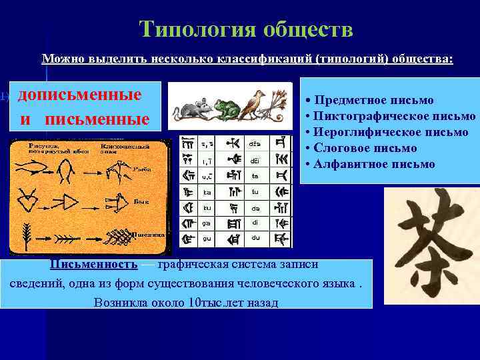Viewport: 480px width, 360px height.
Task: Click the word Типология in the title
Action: [197, 29]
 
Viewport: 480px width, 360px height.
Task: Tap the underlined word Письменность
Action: [93, 264]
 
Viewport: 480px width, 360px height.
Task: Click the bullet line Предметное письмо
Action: [369, 100]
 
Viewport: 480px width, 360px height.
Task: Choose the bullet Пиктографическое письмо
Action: [390, 116]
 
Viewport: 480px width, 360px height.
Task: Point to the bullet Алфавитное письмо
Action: [370, 164]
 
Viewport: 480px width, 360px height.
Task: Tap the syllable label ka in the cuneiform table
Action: [207, 192]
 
